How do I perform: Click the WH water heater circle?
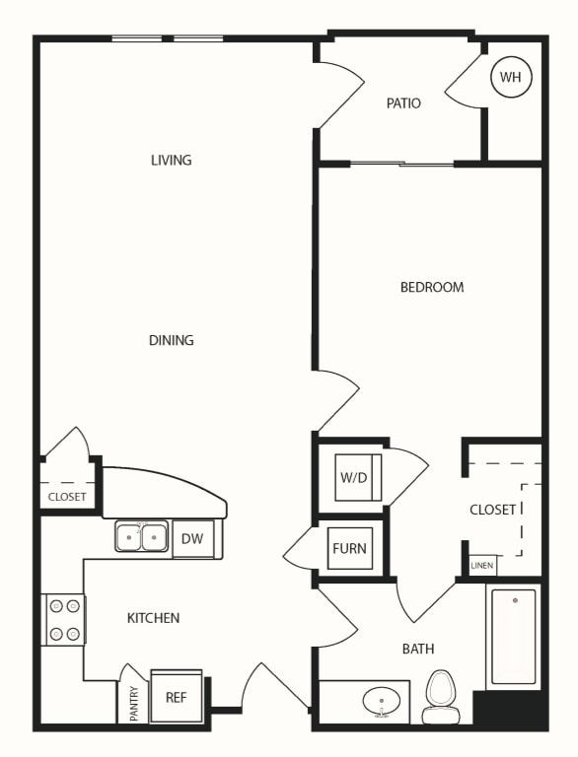[511, 77]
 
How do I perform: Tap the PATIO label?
[403, 103]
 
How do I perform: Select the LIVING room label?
[171, 160]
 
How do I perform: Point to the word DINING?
[171, 340]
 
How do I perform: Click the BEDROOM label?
[432, 287]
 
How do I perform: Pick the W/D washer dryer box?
[358, 477]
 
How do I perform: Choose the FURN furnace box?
[350, 548]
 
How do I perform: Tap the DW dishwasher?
[192, 539]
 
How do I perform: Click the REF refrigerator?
[176, 697]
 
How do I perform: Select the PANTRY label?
[134, 704]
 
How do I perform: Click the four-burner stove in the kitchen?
[64, 619]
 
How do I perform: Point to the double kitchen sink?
[142, 536]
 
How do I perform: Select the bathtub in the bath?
[513, 637]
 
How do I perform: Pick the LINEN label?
[481, 566]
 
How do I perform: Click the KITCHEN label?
[153, 618]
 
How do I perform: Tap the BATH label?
[418, 649]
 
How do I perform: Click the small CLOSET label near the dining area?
[67, 497]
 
